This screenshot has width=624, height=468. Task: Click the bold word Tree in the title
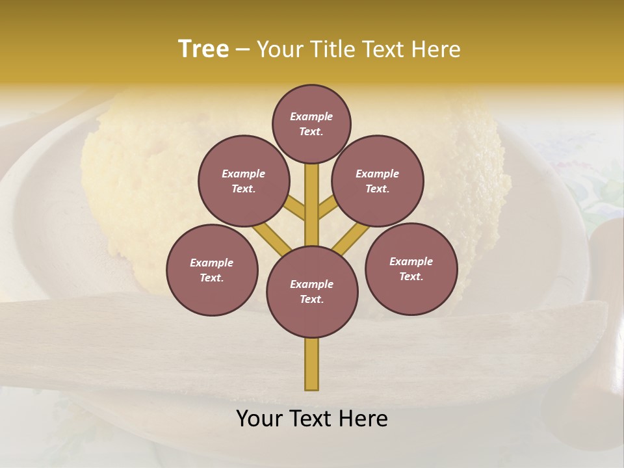tap(203, 49)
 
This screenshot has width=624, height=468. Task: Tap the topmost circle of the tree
tap(311, 123)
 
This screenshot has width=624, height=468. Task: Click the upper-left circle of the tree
tap(243, 181)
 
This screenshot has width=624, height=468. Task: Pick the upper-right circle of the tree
tap(377, 181)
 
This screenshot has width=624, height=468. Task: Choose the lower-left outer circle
tap(212, 270)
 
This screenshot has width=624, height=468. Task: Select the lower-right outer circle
tap(411, 268)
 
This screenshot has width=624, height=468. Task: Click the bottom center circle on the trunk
tap(312, 292)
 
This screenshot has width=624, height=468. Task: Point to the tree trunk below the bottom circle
tap(312, 364)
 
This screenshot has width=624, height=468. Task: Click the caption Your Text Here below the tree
tap(312, 419)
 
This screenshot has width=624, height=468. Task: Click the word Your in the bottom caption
tap(259, 419)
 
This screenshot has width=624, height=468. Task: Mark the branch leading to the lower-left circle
tap(272, 238)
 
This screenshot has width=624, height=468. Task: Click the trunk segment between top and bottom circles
tap(312, 208)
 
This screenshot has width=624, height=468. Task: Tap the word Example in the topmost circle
tap(311, 116)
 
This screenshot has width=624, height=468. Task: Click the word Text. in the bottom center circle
tap(311, 300)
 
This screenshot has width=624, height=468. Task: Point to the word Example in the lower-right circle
tap(411, 261)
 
